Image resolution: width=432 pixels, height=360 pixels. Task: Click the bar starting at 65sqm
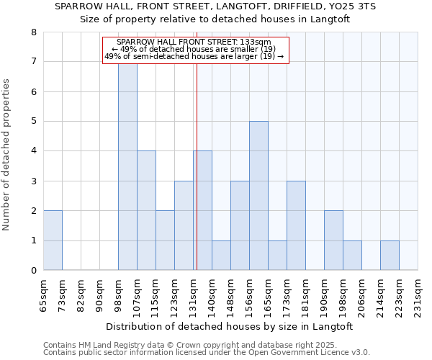53,240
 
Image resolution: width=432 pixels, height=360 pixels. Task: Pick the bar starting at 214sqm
390,256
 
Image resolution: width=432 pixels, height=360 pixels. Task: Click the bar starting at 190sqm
333,240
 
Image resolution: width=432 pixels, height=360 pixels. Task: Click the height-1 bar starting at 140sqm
221,256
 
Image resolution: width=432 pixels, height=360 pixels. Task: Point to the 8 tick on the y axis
33,32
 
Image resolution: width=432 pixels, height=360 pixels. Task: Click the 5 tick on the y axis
33,122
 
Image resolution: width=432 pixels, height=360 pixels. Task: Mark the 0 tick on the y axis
33,271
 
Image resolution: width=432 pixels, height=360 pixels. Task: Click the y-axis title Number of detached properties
7,155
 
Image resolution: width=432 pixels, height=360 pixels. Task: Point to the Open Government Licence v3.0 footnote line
207,353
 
